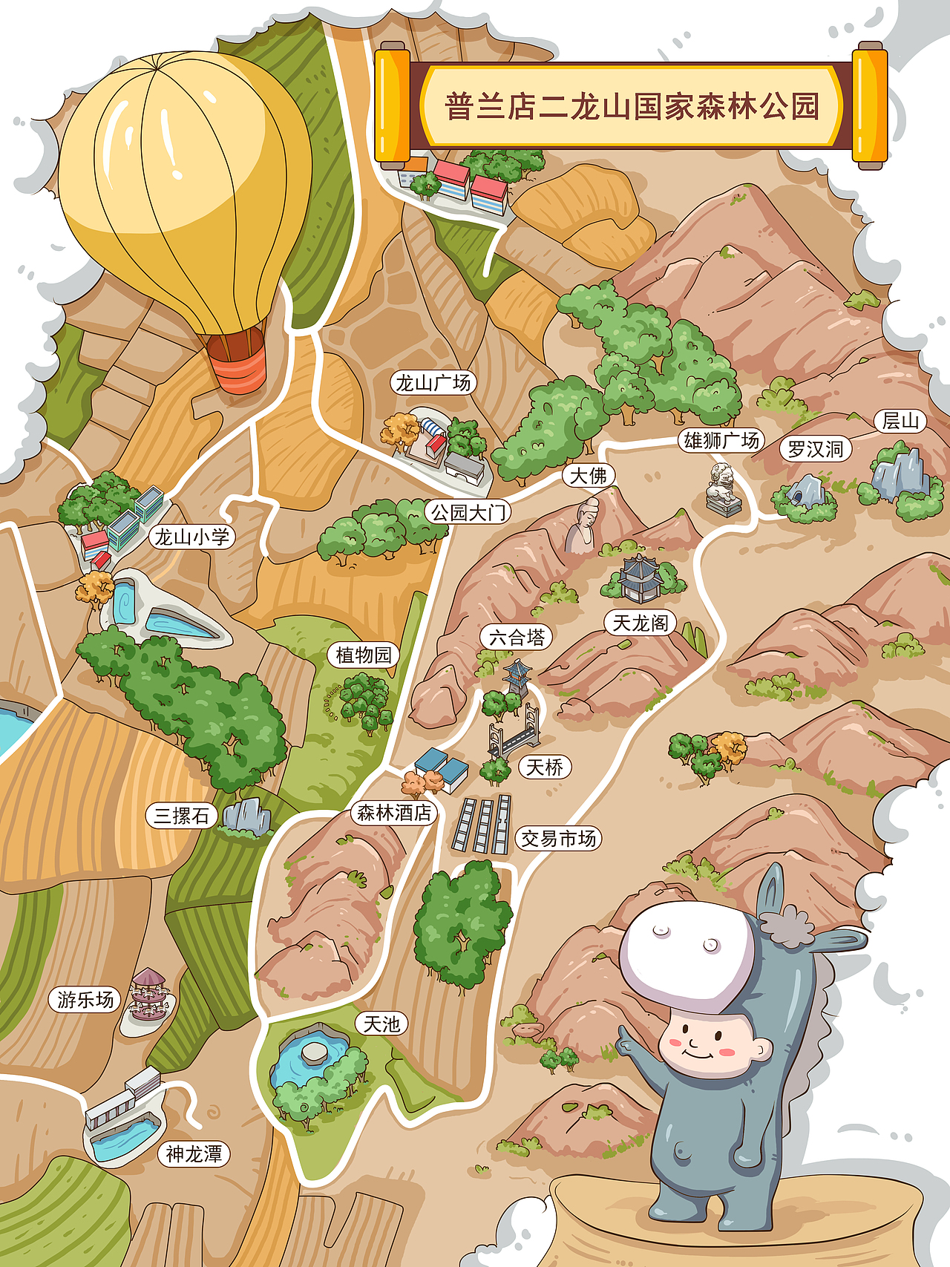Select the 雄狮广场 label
click(x=721, y=441)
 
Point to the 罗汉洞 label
click(x=815, y=449)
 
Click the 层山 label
click(x=900, y=422)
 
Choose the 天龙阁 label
click(x=640, y=623)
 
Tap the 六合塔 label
click(x=517, y=637)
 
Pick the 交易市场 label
click(x=558, y=839)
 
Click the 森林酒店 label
click(x=393, y=813)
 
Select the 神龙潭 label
click(x=194, y=1154)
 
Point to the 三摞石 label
click(x=181, y=816)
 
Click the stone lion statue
click(x=722, y=489)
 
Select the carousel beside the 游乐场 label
click(x=150, y=994)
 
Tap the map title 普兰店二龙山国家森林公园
click(x=632, y=106)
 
